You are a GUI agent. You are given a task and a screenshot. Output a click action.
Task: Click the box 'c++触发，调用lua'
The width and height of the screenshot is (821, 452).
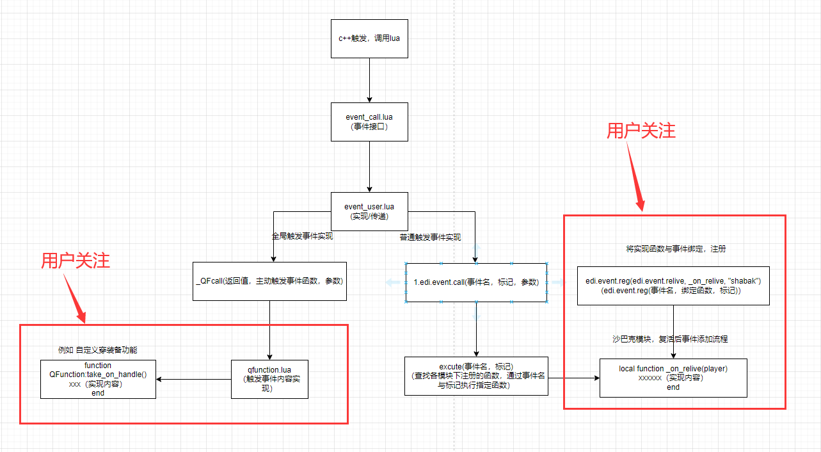click(x=369, y=38)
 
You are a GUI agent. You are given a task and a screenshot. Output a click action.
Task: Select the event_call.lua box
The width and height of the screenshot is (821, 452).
click(x=369, y=122)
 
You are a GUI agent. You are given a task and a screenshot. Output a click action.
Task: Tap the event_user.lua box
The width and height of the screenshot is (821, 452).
click(x=369, y=211)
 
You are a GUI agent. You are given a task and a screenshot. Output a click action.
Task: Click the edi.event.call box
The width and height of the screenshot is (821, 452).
click(x=476, y=282)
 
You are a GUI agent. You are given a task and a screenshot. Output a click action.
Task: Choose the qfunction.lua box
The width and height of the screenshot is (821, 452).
click(x=269, y=379)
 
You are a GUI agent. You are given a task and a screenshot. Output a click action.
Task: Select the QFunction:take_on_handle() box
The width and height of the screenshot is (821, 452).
click(x=98, y=379)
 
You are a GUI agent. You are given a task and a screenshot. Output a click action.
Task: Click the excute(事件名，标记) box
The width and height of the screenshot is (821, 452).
click(x=476, y=376)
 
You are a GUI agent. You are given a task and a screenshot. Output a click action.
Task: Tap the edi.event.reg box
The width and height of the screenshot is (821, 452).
click(x=673, y=286)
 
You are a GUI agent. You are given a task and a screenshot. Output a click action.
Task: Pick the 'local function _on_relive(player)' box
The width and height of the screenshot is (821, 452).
click(x=673, y=378)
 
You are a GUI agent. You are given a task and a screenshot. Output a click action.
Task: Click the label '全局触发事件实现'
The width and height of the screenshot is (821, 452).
click(x=302, y=236)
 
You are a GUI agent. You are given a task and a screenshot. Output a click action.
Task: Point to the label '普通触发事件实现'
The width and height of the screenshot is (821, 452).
click(x=429, y=237)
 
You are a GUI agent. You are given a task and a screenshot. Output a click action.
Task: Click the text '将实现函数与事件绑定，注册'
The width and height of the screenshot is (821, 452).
click(x=676, y=248)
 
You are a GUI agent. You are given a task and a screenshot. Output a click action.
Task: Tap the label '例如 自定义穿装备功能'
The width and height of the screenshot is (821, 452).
click(x=97, y=350)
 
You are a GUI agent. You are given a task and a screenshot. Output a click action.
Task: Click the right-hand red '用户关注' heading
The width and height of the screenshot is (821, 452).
click(x=641, y=131)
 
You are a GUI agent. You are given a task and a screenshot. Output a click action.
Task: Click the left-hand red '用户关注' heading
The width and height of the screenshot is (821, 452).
click(x=76, y=261)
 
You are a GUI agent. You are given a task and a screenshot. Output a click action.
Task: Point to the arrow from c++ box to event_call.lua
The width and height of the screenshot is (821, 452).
click(x=369, y=80)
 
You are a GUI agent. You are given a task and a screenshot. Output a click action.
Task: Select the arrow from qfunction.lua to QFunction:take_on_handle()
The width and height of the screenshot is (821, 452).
click(x=193, y=379)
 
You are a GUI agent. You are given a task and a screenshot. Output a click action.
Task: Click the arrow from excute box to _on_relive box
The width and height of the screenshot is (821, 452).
click(x=574, y=378)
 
